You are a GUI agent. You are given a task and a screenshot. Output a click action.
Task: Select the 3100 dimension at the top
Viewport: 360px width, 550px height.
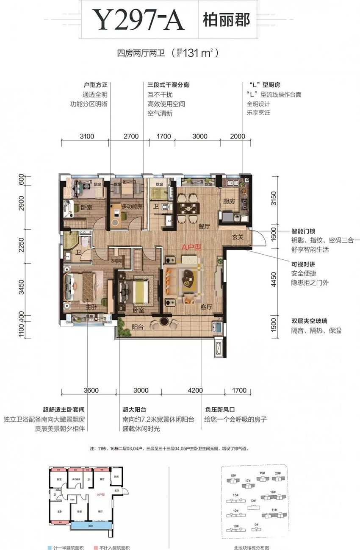pyautogui.click(x=86, y=136)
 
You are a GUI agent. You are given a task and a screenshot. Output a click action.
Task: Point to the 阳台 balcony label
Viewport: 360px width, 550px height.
pyautogui.click(x=137, y=327)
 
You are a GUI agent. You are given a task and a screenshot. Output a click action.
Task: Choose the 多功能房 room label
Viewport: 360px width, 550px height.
pyautogui.click(x=131, y=206)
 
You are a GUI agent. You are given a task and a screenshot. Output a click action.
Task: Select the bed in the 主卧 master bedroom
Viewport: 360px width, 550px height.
pyautogui.click(x=83, y=286)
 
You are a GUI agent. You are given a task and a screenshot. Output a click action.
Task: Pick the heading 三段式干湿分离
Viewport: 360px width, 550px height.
pyautogui.click(x=166, y=85)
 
